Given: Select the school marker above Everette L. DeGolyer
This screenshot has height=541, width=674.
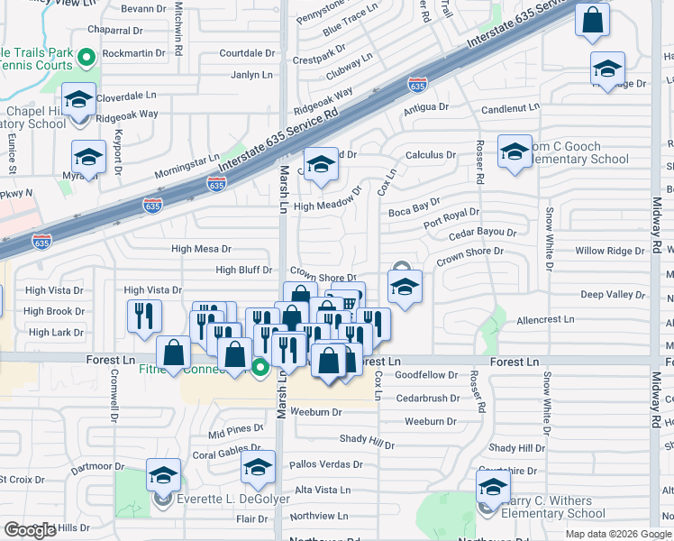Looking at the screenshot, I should coord(163,474).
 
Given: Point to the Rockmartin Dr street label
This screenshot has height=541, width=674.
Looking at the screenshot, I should coord(133,52).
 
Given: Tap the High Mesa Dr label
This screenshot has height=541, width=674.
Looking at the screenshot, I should coord(201,249).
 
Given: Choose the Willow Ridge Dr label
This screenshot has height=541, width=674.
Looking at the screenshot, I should coord(610,251).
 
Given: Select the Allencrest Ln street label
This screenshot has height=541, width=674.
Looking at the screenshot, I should coord(545,319).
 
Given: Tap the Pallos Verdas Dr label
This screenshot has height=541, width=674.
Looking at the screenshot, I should coord(326,465).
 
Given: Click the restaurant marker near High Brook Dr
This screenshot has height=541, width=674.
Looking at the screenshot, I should coord(143,316).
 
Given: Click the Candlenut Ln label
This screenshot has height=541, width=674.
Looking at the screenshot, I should coord(510,108).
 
